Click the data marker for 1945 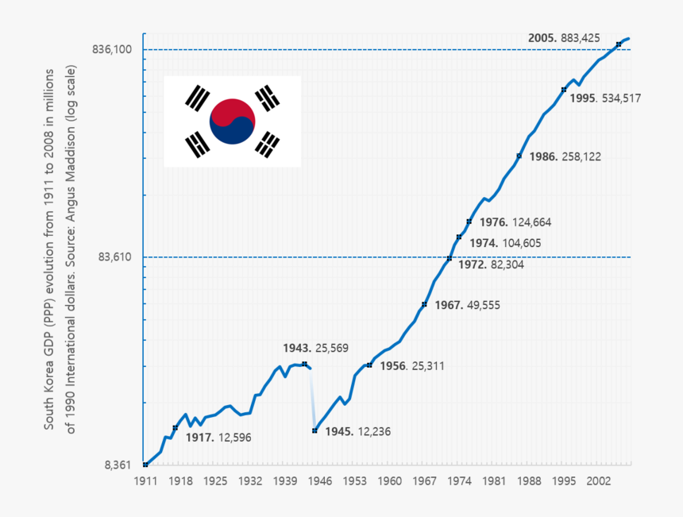(x=314, y=431)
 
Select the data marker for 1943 (x=305, y=364)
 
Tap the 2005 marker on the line (x=619, y=44)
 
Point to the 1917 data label (x=218, y=437)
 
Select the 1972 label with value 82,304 (x=491, y=265)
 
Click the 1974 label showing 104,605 (x=505, y=243)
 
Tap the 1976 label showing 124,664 (x=515, y=222)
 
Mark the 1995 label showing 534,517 (x=606, y=98)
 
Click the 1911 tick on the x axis (x=145, y=481)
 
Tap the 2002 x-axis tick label (x=598, y=481)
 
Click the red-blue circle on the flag (x=232, y=122)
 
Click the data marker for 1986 (x=519, y=156)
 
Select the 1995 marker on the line (x=563, y=90)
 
